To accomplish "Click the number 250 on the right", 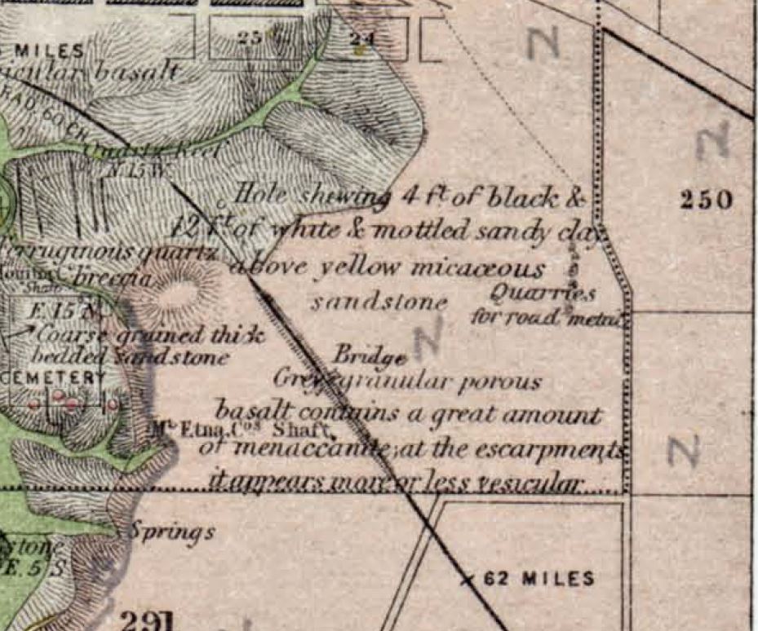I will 706,200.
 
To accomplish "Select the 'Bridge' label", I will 370,356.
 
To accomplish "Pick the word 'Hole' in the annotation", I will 259,195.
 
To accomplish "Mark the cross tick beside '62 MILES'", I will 468,580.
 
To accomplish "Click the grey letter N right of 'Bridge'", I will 428,338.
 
